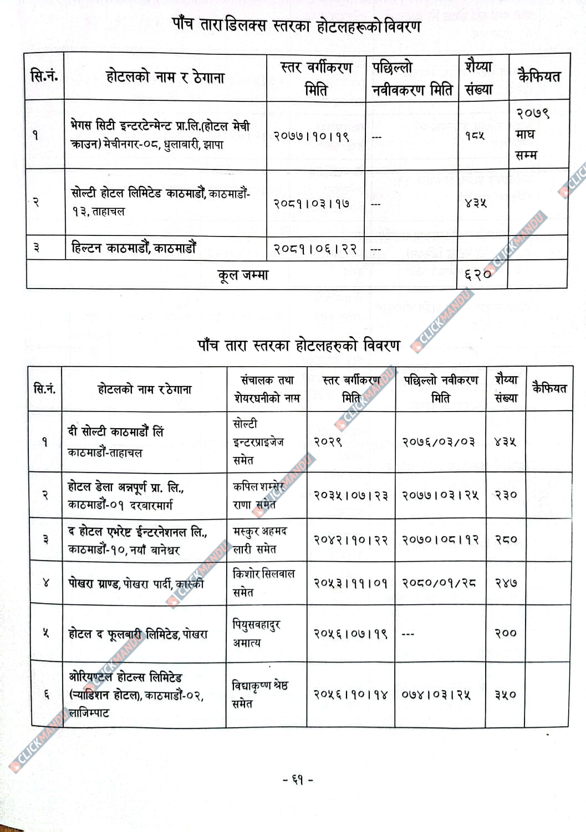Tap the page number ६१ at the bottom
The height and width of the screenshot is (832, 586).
tap(298, 780)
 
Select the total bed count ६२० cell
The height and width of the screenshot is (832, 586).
tap(478, 274)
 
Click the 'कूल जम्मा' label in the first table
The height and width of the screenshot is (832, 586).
tap(243, 275)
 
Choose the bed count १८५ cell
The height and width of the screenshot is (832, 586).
tap(475, 135)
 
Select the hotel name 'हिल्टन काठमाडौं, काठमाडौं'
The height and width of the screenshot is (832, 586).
tap(134, 248)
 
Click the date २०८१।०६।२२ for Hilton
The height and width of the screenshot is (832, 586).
tap(315, 249)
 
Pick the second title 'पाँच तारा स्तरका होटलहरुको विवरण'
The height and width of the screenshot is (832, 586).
tap(299, 346)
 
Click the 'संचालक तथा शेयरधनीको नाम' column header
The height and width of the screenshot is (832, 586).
tap(267, 389)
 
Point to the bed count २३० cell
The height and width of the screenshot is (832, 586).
tap(506, 495)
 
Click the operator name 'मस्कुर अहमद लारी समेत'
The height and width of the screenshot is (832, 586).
tap(259, 540)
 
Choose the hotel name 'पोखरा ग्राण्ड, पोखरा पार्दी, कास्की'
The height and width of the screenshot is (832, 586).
tap(136, 583)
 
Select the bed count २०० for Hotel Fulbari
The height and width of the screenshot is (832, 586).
tap(506, 633)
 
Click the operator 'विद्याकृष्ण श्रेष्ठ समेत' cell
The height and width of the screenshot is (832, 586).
tap(259, 694)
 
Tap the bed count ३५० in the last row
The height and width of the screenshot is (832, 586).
tap(506, 694)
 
